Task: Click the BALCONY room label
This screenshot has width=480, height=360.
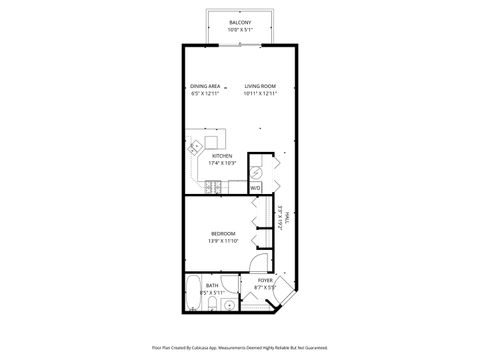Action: pyautogui.click(x=240, y=22)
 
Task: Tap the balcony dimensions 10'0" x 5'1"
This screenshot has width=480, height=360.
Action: pyautogui.click(x=240, y=30)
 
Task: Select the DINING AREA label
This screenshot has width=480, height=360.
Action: pyautogui.click(x=204, y=86)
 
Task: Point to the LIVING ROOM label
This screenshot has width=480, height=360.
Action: pyautogui.click(x=259, y=86)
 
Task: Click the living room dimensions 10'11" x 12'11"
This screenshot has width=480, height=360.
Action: pyautogui.click(x=259, y=94)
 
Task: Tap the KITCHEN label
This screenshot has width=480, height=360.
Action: pyautogui.click(x=222, y=156)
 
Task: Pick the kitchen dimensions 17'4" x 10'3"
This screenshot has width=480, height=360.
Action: pyautogui.click(x=222, y=163)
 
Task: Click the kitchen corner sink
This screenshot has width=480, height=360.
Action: pyautogui.click(x=195, y=146)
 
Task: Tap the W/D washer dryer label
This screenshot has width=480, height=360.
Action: pyautogui.click(x=255, y=187)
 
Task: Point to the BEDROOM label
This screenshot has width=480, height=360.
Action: pyautogui.click(x=222, y=233)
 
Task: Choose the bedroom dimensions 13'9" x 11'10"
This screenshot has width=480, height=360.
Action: pyautogui.click(x=222, y=241)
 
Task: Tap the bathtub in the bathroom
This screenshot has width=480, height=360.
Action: pyautogui.click(x=193, y=296)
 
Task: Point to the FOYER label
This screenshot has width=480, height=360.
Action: pyautogui.click(x=265, y=280)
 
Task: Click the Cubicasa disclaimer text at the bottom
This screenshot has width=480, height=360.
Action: pyautogui.click(x=240, y=347)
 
